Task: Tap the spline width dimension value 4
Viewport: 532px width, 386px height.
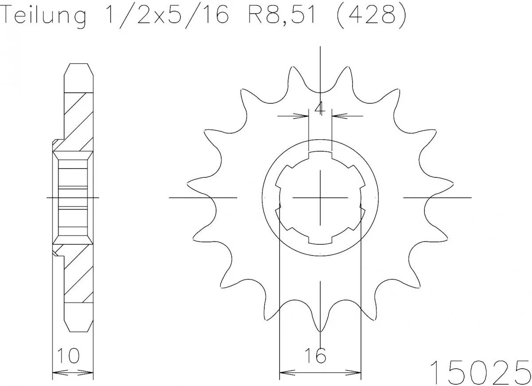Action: pyautogui.click(x=320, y=108)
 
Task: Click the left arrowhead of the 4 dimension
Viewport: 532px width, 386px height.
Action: pyautogui.click(x=304, y=116)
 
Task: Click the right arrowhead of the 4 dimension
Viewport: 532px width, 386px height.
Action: pyautogui.click(x=336, y=116)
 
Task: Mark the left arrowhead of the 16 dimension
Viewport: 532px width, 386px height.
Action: pyautogui.click(x=284, y=371)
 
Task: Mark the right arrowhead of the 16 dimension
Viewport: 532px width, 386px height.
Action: pyautogui.click(x=356, y=371)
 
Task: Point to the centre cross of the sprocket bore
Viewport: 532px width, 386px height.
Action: pyautogui.click(x=320, y=197)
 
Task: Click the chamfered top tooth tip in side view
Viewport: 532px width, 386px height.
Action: pyautogui.click(x=79, y=71)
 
